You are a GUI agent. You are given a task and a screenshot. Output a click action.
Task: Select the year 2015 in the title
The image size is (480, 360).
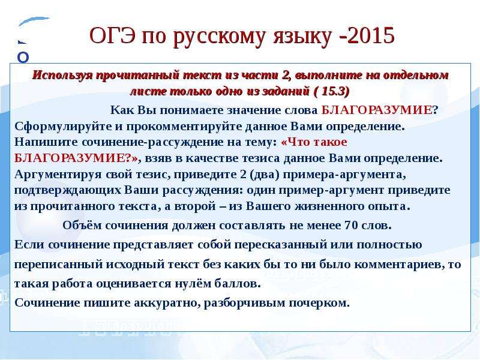pyautogui.click(x=371, y=35)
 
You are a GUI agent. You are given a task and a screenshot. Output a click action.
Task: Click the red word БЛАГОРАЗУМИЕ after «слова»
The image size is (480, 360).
pyautogui.click(x=377, y=110)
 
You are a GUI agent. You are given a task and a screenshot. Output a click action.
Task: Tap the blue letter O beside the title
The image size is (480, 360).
pyautogui.click(x=23, y=57)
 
